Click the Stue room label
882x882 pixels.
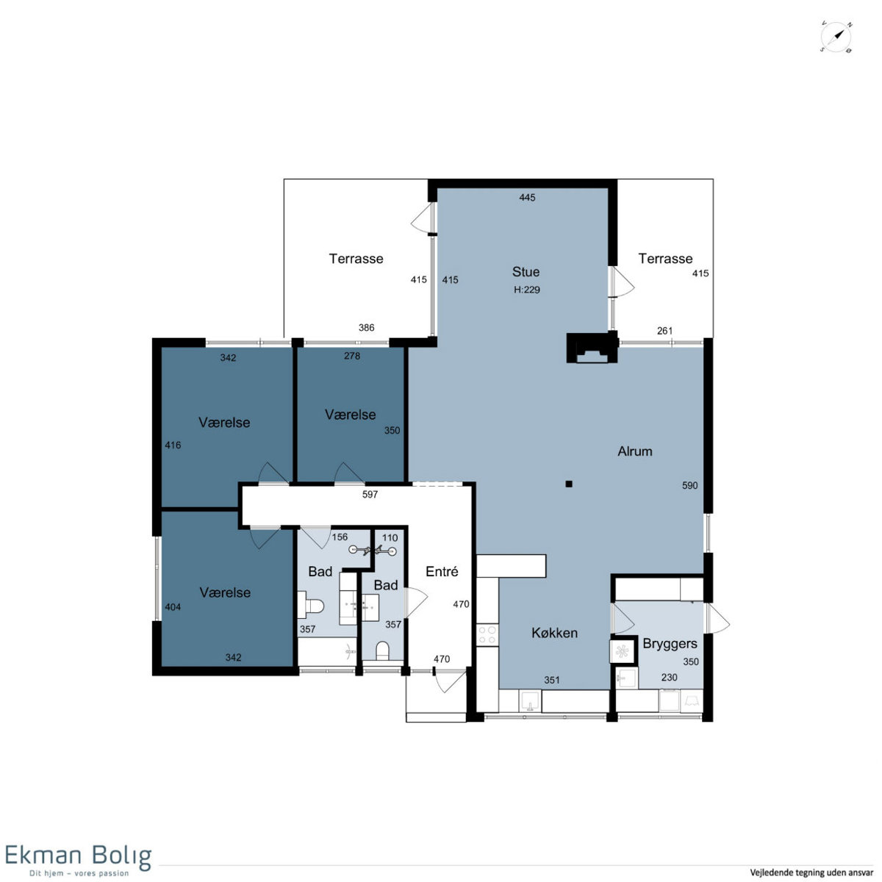526,272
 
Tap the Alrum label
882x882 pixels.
635,451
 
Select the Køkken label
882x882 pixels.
554,633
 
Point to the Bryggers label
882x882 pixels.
670,644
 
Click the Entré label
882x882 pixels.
442,571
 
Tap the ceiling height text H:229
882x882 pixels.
527,290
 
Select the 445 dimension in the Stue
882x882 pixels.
527,197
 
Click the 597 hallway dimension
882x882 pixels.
370,495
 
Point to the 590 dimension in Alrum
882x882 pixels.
689,486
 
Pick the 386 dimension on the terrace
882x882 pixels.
366,328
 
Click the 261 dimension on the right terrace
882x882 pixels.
664,331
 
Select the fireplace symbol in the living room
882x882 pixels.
592,348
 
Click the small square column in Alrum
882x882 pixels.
569,484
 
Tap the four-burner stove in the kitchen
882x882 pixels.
487,635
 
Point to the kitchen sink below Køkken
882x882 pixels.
530,701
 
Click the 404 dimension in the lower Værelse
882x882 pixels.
173,607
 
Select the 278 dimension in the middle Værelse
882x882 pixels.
352,356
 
